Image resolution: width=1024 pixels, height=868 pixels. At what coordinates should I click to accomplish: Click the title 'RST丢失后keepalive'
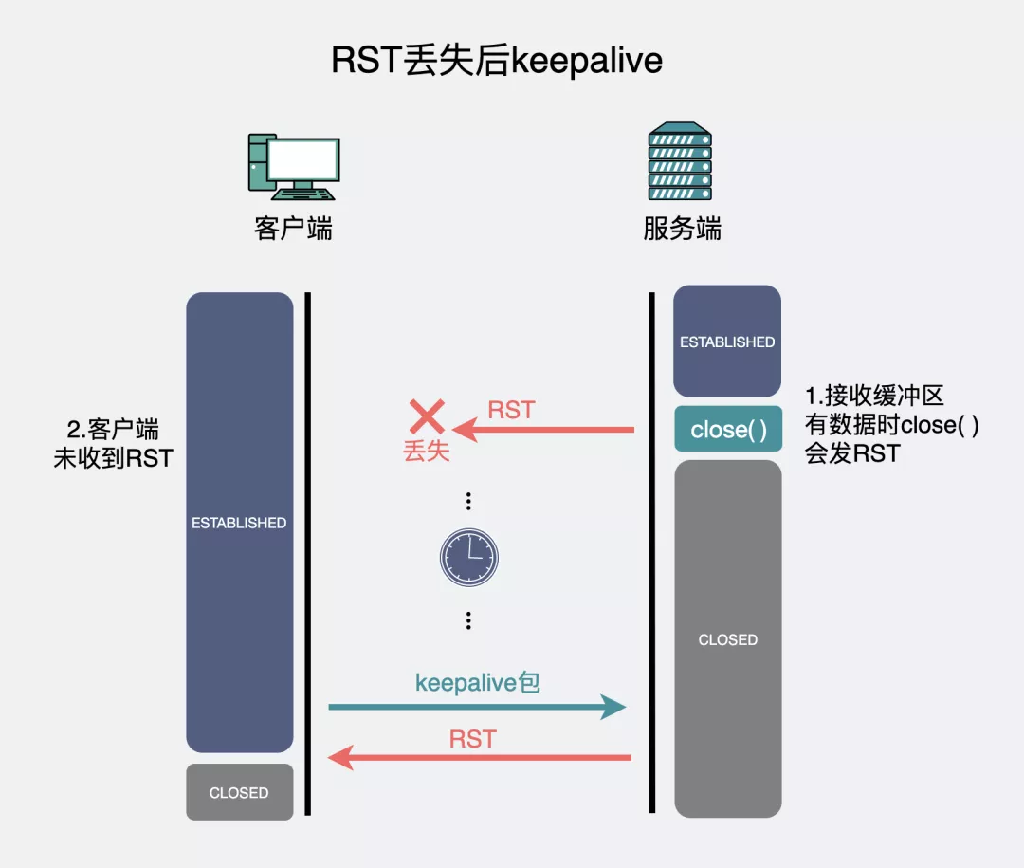pos(497,61)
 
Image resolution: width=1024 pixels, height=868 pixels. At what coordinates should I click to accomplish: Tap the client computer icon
pos(293,167)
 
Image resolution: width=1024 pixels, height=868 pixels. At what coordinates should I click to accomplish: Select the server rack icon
pos(680,162)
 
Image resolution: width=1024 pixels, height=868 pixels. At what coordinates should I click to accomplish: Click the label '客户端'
pos(293,229)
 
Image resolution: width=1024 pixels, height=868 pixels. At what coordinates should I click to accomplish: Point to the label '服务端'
pos(682,229)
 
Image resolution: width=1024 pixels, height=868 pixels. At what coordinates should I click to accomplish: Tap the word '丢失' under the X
pos(427,452)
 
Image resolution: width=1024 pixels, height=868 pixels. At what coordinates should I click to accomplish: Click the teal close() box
pos(727,429)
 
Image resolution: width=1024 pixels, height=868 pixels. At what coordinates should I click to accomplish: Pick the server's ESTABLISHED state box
pos(727,342)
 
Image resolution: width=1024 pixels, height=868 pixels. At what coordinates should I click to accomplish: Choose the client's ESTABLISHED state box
pos(239,522)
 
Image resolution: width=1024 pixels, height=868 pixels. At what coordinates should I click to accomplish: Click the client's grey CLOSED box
pos(239,792)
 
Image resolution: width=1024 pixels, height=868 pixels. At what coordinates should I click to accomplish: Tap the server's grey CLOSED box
pos(727,639)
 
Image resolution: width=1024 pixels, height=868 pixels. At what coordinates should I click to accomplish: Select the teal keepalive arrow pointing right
pos(477,707)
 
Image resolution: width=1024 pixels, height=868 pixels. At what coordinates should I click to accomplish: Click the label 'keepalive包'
pos(478,682)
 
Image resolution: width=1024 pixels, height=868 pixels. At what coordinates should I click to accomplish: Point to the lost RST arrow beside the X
pos(544,430)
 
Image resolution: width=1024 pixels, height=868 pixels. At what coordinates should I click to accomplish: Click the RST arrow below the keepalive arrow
pos(479,757)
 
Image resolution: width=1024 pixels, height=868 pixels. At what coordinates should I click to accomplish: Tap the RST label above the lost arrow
pos(511,410)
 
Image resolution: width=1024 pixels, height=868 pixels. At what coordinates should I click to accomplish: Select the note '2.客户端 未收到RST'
pos(114,442)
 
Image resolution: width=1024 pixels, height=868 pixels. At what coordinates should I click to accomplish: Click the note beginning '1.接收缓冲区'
pos(891,424)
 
